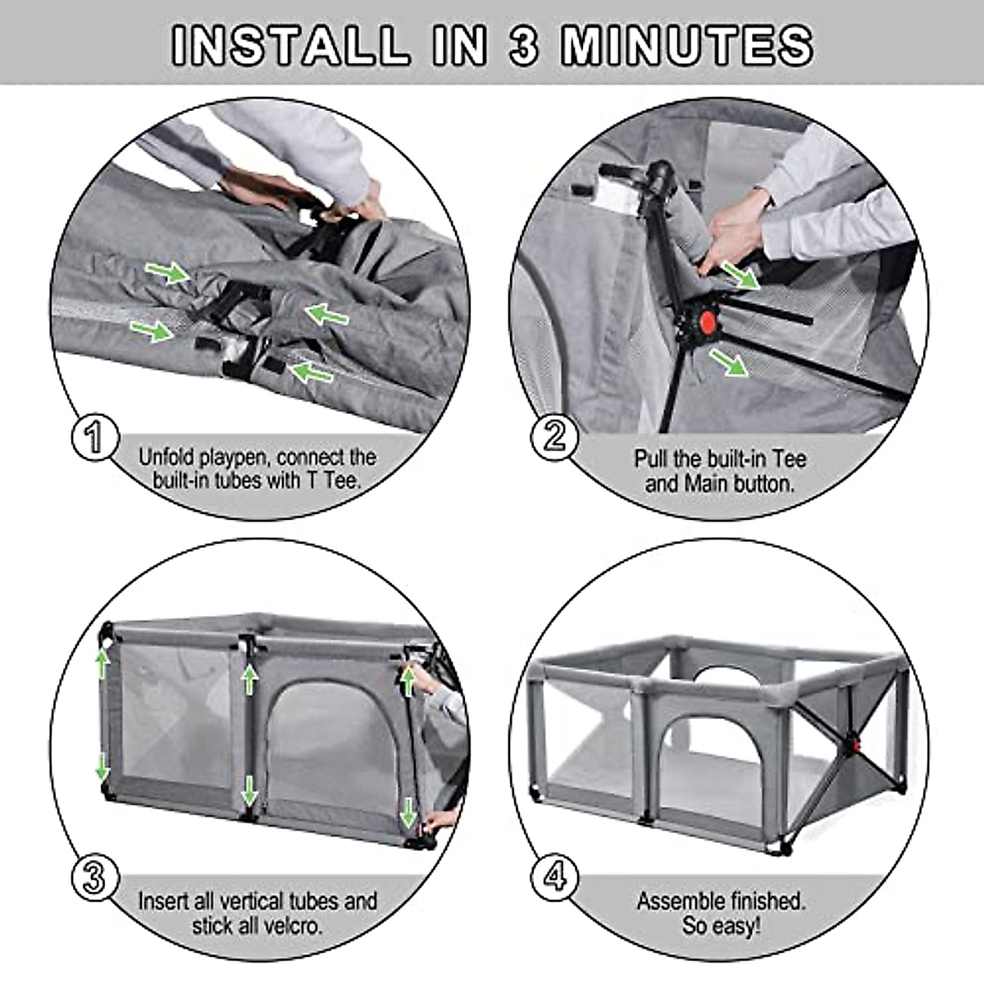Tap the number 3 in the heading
(524, 45)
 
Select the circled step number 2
(554, 435)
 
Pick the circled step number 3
(95, 878)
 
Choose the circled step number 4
(555, 878)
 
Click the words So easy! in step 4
(721, 927)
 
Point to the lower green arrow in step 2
(729, 362)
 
